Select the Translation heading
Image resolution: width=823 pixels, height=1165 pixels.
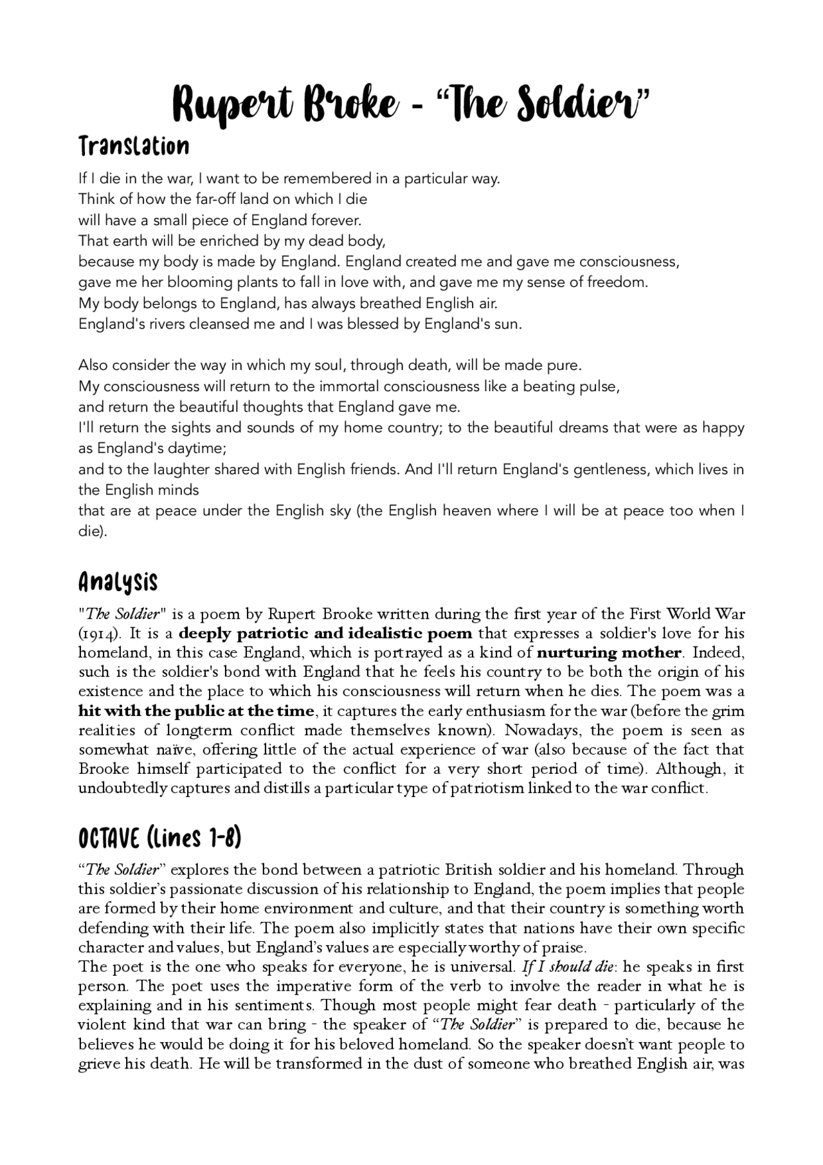coord(134,147)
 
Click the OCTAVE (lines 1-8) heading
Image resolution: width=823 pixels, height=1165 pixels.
coord(159,838)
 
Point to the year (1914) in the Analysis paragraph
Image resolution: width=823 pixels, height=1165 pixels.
coord(99,634)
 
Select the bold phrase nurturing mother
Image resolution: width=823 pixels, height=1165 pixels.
coord(609,653)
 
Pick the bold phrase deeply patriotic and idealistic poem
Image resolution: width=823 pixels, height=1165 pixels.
coord(325,634)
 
